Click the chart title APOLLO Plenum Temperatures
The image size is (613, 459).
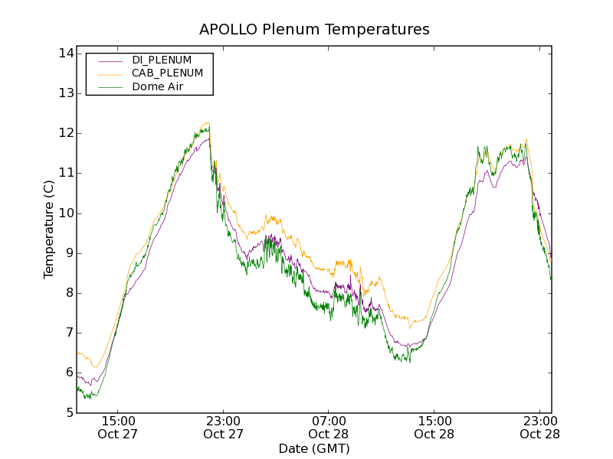(314, 30)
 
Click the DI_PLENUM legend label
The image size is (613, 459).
(162, 60)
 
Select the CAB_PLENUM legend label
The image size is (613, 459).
(167, 73)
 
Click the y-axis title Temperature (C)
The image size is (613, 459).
(49, 229)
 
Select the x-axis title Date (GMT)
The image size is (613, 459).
(314, 448)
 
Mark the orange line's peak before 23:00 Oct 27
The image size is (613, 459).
(207, 123)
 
